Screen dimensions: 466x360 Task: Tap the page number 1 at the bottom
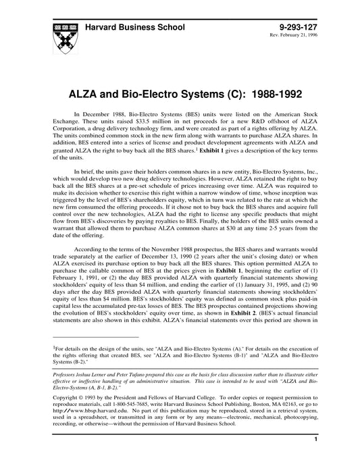point(315,457)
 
